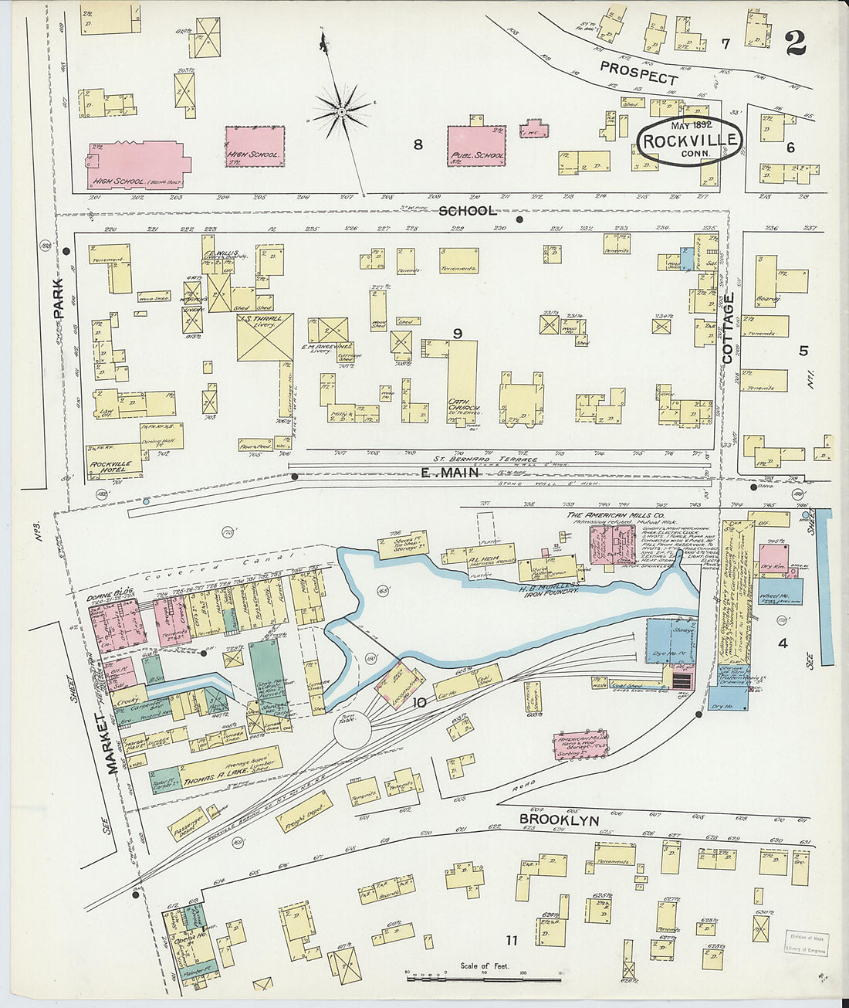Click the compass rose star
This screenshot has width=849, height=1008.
point(341,112)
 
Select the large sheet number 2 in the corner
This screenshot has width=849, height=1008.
point(795,42)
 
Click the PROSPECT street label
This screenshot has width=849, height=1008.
point(638,73)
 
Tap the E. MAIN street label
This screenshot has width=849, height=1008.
point(450,473)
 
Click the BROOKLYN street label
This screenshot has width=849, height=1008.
point(558,820)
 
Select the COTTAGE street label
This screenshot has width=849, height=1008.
point(728,328)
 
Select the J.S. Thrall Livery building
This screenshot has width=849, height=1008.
point(265,337)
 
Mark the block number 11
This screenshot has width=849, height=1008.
point(511,940)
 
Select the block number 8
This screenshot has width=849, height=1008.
point(418,144)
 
